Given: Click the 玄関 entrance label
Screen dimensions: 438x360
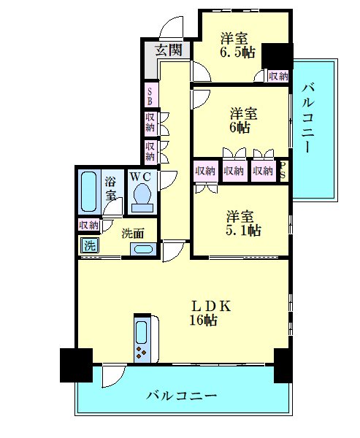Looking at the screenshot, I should (x=169, y=50).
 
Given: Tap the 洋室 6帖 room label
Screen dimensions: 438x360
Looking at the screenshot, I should (x=241, y=120).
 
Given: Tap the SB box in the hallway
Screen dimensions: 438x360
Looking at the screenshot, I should (x=150, y=96).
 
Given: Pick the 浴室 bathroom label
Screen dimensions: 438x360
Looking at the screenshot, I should (x=111, y=188).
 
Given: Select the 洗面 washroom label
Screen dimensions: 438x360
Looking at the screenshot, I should (x=132, y=234).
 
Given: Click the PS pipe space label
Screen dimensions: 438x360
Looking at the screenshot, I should (x=284, y=171).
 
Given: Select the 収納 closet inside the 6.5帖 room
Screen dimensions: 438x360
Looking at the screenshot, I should (x=277, y=75).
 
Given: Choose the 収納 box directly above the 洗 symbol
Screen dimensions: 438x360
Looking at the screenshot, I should (x=89, y=226).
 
